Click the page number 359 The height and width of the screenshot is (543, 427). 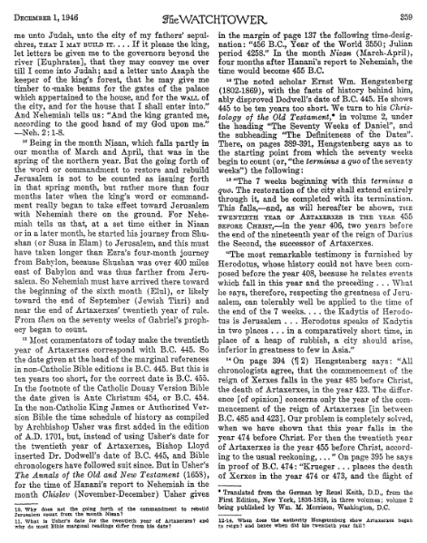pyautogui.click(x=413, y=7)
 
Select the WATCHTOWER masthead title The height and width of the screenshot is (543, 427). pyautogui.click(x=214, y=8)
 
